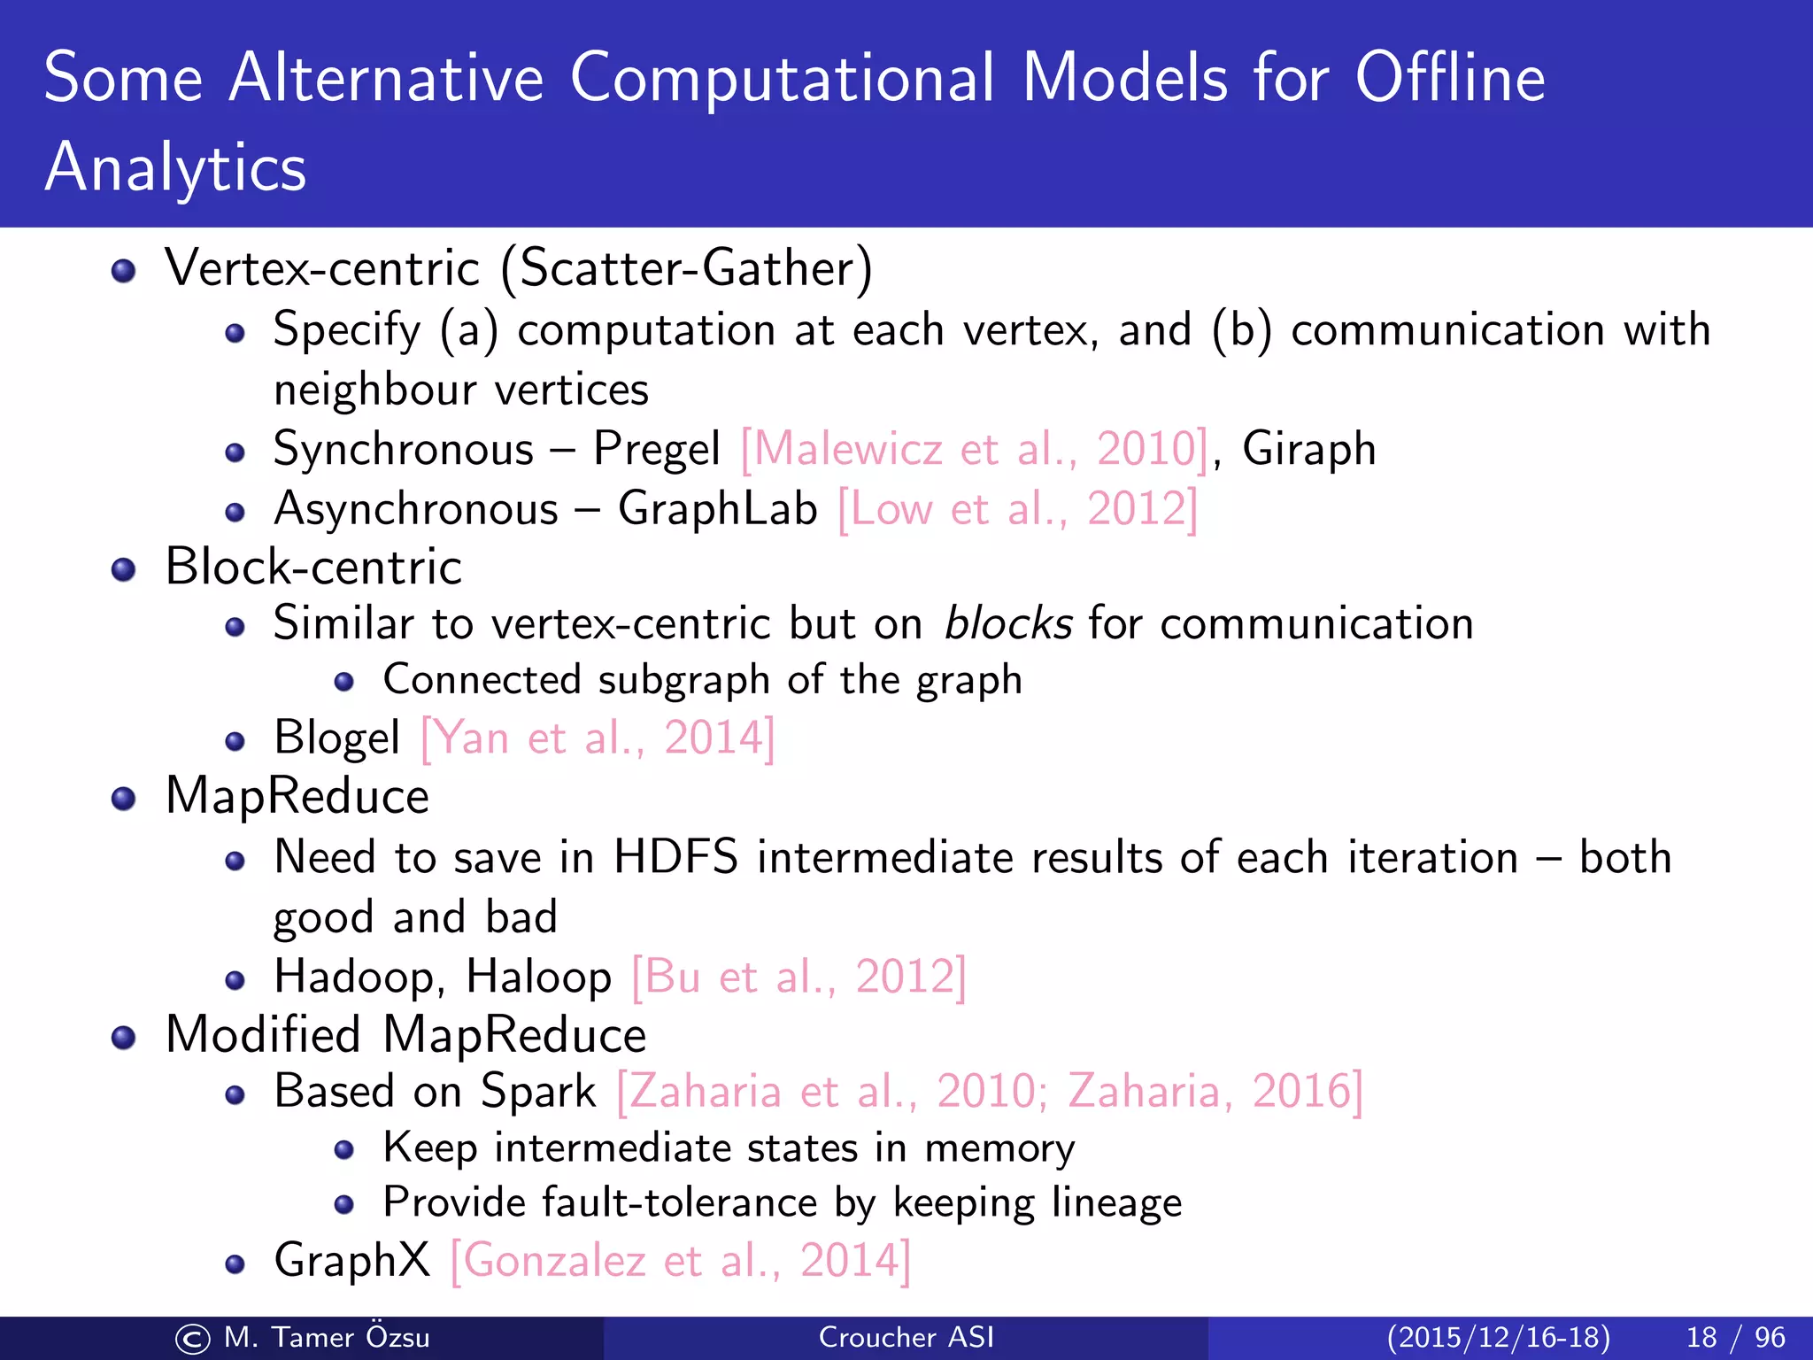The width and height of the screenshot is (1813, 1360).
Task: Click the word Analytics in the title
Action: pos(175,168)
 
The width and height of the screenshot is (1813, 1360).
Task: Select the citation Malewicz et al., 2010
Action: pos(974,449)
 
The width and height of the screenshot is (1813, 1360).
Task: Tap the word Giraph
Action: pos(1308,449)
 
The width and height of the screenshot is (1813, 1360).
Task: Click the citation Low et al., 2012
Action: pos(1017,509)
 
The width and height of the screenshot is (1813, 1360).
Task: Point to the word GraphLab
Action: pos(717,509)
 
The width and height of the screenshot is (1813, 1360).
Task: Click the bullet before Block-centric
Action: pos(124,569)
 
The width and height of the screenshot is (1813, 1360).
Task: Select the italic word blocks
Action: pos(1008,623)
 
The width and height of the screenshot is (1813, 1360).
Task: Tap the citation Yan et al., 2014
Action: pos(598,738)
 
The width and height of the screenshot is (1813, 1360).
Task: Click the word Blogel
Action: pos(336,738)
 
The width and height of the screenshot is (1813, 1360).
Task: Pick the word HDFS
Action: pos(675,857)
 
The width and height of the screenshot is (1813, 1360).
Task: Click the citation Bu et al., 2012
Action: pos(798,977)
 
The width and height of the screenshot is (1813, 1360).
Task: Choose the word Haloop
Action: pos(538,977)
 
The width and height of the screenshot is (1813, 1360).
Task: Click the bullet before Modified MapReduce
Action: pos(124,1037)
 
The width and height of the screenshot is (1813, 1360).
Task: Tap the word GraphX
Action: pos(351,1260)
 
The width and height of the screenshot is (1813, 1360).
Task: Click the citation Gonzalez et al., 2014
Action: pos(680,1260)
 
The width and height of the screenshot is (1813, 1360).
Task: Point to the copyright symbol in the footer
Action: pos(192,1339)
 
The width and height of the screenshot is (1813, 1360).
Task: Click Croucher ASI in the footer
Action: pos(906,1337)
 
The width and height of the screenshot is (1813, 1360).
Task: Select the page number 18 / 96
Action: pos(1735,1337)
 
